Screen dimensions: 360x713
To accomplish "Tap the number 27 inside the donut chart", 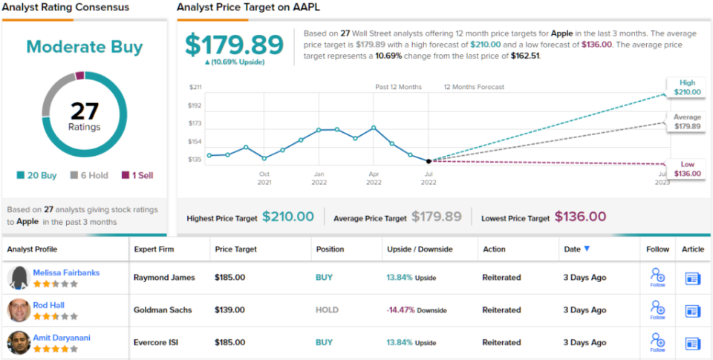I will point(85,111).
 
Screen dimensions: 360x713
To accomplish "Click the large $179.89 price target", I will point(234,45).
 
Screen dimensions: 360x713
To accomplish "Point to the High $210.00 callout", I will point(687,87).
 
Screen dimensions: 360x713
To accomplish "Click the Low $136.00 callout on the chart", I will point(687,168).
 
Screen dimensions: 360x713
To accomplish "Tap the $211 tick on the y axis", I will point(195,88).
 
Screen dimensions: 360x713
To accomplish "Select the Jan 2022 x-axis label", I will point(319,177).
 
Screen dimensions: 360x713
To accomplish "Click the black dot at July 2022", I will point(429,160).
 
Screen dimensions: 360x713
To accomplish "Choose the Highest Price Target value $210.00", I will point(288,217).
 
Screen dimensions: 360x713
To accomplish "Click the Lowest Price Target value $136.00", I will point(580,217).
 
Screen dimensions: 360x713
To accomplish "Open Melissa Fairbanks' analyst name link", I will point(66,272).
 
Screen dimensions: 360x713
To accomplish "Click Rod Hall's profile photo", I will point(19,310).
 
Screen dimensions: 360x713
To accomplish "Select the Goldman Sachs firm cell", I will point(164,310).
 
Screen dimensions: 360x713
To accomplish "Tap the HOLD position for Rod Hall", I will point(327,310).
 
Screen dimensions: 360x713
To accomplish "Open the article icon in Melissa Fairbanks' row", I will point(693,278).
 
